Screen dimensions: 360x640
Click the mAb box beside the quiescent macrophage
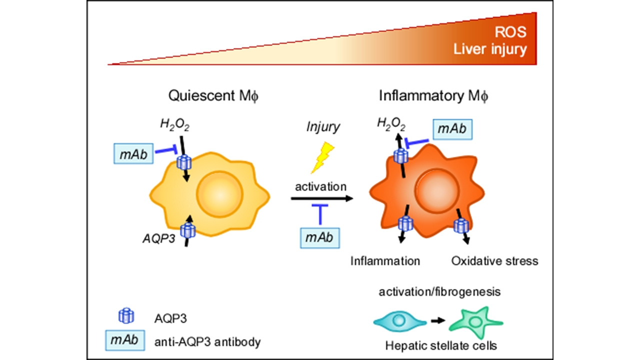(133, 154)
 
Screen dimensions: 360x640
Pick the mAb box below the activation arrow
(319, 237)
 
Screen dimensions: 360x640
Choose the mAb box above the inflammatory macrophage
(452, 129)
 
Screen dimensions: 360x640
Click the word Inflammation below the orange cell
(385, 260)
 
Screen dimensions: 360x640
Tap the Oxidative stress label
(494, 260)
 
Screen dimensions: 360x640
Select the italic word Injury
(322, 127)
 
